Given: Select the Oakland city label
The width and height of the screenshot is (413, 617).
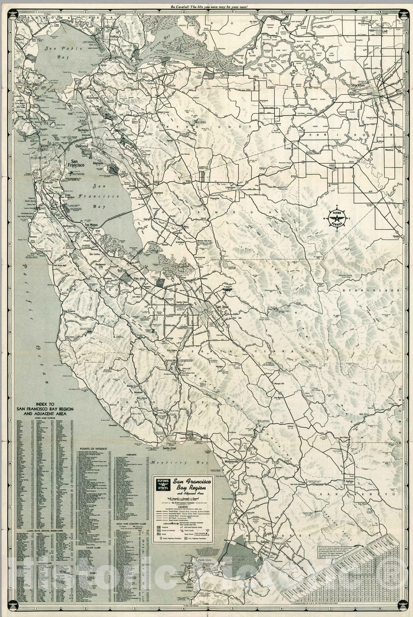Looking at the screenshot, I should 82,147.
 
